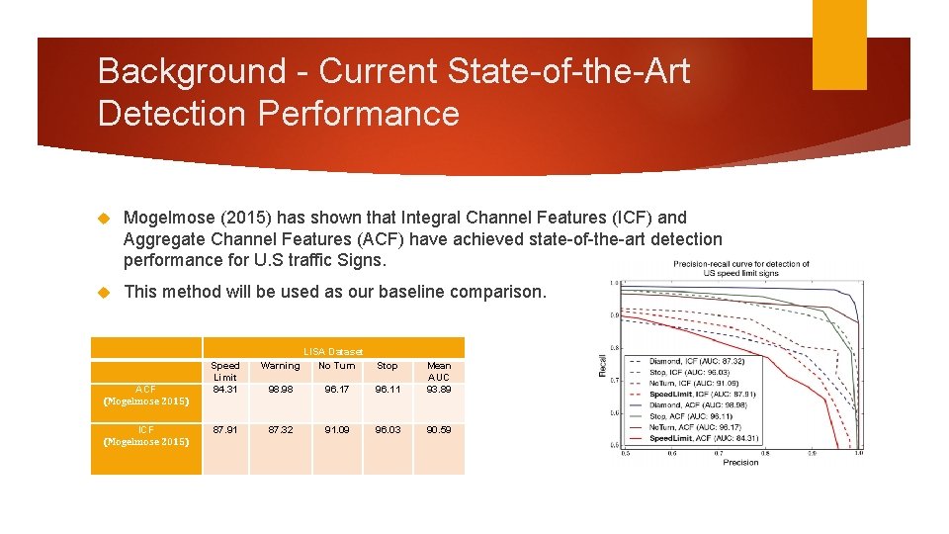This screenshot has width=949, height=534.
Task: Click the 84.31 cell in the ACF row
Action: tap(225, 389)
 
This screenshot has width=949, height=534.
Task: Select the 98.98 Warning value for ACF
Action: tap(280, 389)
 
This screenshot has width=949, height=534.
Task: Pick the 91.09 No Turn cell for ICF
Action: tap(336, 429)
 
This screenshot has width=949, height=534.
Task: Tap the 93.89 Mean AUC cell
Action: tap(438, 389)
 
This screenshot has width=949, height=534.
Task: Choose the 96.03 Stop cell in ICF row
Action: tap(388, 429)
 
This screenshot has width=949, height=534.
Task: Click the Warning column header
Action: tap(280, 366)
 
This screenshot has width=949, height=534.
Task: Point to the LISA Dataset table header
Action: tap(332, 351)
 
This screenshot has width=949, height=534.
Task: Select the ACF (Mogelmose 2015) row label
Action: tap(145, 395)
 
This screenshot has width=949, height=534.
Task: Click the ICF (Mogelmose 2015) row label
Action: tap(145, 435)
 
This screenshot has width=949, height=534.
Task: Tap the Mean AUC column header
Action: tap(438, 371)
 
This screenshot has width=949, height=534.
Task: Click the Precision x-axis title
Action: tap(740, 462)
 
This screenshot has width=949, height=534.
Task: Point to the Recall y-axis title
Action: tap(604, 366)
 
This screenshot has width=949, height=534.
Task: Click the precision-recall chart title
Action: tap(741, 268)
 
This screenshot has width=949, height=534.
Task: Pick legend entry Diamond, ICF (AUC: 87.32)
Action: tap(697, 361)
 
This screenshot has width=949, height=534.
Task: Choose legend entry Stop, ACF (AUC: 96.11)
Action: tap(692, 416)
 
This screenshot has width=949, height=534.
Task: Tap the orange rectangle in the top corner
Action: tap(838, 44)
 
